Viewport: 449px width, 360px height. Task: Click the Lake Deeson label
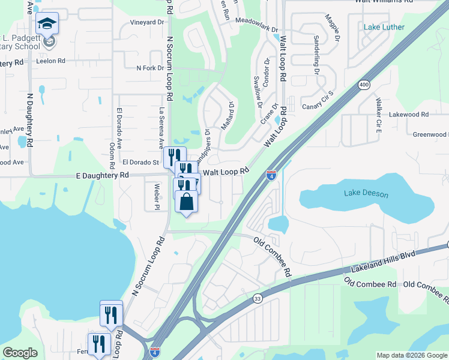(x=366, y=193)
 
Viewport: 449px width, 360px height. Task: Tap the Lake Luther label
(x=384, y=27)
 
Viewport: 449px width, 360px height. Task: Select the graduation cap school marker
(x=47, y=24)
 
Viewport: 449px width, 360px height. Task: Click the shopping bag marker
(x=186, y=202)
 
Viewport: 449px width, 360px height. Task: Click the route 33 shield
(x=258, y=298)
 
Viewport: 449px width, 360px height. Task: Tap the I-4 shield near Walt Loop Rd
(x=271, y=175)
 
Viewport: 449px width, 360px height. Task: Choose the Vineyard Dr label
(x=147, y=22)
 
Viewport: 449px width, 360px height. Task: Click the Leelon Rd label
(x=50, y=61)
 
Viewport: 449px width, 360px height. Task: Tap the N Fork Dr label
(x=150, y=68)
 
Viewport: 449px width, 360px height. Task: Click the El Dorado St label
(x=140, y=162)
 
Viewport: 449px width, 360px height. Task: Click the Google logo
(x=20, y=353)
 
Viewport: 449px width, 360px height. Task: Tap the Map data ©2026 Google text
(x=411, y=355)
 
